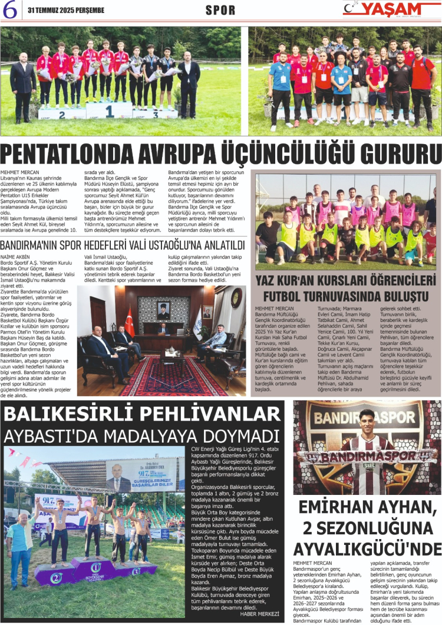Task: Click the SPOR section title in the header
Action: coord(220,11)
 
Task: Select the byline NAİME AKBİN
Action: coord(15,257)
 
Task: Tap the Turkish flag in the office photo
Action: coord(129,321)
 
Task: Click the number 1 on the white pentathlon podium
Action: coord(110,109)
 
